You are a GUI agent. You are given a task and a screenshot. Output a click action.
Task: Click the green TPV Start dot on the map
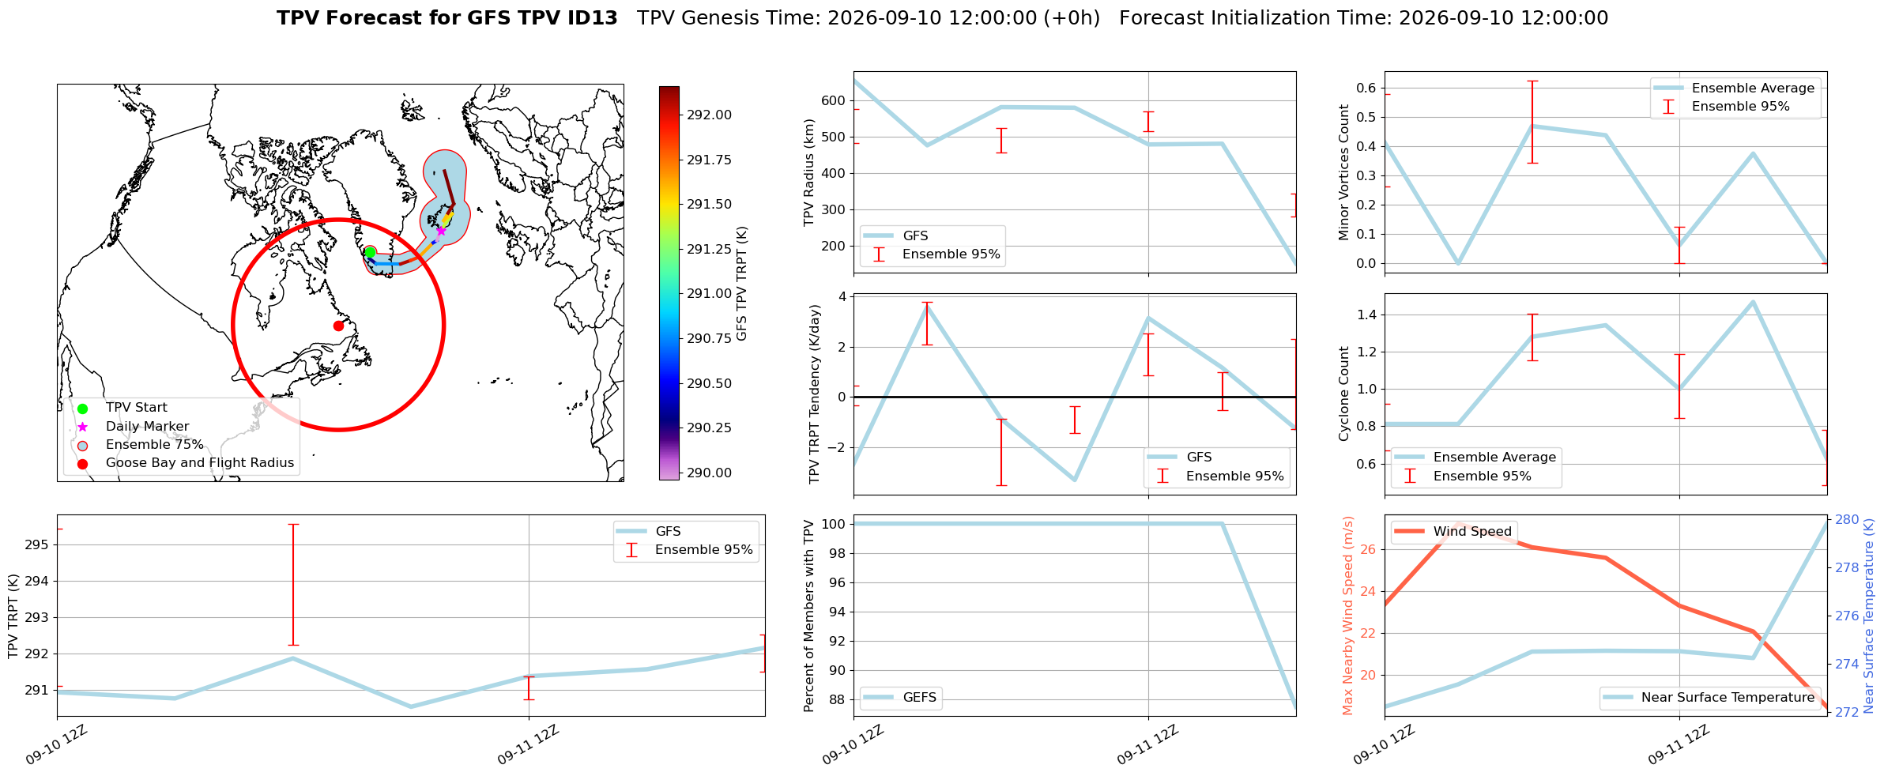[370, 252]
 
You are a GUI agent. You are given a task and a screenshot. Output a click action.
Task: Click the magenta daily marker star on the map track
[441, 231]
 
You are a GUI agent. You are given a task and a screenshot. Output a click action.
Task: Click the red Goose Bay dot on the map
[338, 326]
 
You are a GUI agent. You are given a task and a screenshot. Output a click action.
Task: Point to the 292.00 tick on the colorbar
[709, 115]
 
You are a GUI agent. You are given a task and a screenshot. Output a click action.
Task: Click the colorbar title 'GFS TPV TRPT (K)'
[741, 284]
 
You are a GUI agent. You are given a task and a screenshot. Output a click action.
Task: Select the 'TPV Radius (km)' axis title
[808, 172]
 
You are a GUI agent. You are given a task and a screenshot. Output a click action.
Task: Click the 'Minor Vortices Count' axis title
[1344, 172]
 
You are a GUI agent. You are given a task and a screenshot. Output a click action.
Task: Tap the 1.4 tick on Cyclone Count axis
[1366, 315]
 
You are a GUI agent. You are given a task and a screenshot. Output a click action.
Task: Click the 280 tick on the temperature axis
[1847, 519]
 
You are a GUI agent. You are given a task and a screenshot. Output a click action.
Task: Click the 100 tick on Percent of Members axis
[834, 524]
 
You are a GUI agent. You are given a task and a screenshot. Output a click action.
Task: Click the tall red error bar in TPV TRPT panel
[293, 585]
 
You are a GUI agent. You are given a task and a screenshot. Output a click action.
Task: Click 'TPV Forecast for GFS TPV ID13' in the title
[447, 18]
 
